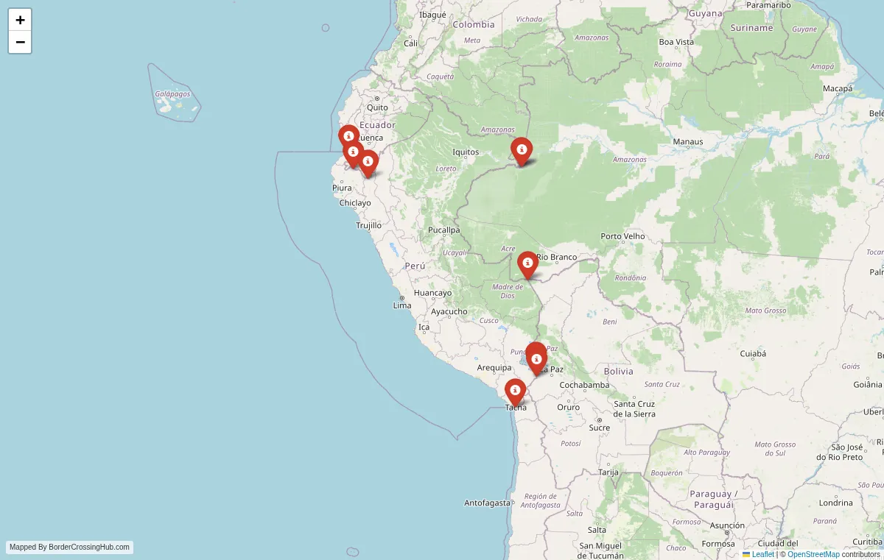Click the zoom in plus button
pyautogui.click(x=20, y=20)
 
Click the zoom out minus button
pyautogui.click(x=20, y=42)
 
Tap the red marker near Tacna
pyautogui.click(x=515, y=391)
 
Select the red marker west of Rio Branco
pyautogui.click(x=527, y=263)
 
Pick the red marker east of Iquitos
pyautogui.click(x=522, y=150)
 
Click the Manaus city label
pyautogui.click(x=688, y=141)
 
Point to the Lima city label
pyautogui.click(x=402, y=305)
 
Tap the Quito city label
pyautogui.click(x=377, y=107)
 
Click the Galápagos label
pyautogui.click(x=172, y=93)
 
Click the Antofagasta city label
pyautogui.click(x=487, y=503)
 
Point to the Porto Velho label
pyautogui.click(x=622, y=236)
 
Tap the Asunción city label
pyautogui.click(x=727, y=525)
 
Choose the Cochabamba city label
pyautogui.click(x=584, y=385)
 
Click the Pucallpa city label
pyautogui.click(x=443, y=230)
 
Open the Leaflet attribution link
pyautogui.click(x=762, y=554)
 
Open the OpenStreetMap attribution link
pyautogui.click(x=813, y=554)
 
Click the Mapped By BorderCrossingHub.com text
pyautogui.click(x=70, y=547)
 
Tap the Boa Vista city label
pyautogui.click(x=676, y=42)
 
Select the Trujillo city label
pyautogui.click(x=368, y=225)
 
